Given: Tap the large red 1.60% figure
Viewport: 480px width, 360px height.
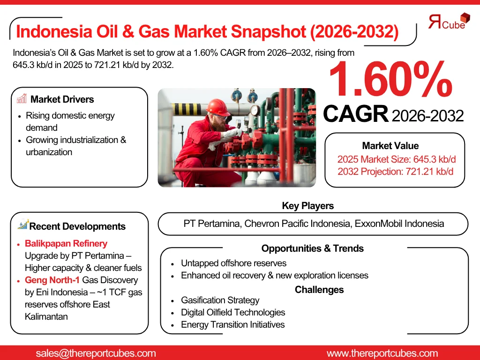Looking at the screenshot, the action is pos(390,79).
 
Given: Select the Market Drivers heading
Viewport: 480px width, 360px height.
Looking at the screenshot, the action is pos(62,99).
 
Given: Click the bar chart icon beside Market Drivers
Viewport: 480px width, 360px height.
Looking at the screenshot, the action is pos(22,98).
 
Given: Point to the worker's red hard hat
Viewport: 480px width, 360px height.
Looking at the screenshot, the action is pos(217,107).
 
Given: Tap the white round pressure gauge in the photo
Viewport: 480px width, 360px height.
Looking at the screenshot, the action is pos(255,110).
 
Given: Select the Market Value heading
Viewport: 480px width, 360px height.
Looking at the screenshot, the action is pos(390,146).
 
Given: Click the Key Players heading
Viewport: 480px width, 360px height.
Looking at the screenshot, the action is pos(307,206).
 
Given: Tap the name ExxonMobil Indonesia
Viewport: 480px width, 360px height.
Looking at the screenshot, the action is pos(399,224).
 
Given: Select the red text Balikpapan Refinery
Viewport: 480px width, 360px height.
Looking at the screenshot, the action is pos(66,243).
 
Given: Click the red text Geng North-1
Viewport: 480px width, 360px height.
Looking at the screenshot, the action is pos(52,280).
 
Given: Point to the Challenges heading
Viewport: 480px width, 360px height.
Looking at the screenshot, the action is pos(319,290).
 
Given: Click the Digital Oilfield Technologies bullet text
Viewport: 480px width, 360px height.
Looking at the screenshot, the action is pos(233,312).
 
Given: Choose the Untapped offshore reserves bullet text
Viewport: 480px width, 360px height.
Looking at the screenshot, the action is pos(233,263).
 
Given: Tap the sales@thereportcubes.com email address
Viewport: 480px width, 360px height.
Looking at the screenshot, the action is pos(96,353).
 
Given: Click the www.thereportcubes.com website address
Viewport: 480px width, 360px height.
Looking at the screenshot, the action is pos(382,353).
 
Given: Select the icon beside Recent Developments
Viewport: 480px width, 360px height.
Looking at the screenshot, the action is pos(23,225).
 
